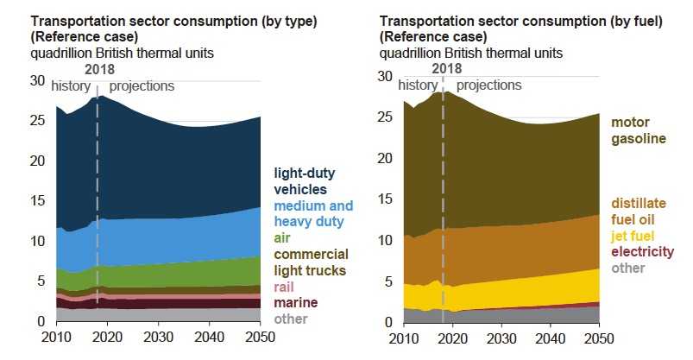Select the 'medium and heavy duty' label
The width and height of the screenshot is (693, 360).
[313, 213]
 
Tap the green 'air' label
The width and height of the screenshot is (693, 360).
[283, 237]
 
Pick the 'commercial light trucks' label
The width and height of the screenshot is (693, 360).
[311, 262]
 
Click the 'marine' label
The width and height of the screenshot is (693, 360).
[295, 303]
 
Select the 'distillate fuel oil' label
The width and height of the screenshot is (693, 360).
[639, 212]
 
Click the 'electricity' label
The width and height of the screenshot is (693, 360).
[643, 252]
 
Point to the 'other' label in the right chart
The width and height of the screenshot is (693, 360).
[628, 268]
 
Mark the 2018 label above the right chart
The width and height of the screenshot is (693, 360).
[447, 68]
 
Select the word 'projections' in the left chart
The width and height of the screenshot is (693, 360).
[142, 86]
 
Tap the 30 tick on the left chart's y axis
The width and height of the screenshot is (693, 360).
[36, 80]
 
